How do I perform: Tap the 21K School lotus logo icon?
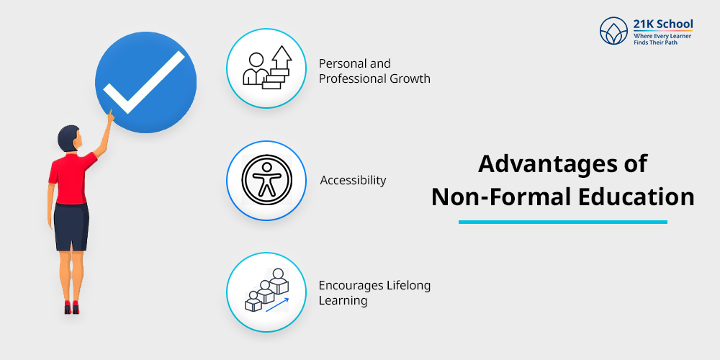614,31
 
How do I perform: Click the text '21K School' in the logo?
663,24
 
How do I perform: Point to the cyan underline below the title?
562,222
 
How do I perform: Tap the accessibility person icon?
266,180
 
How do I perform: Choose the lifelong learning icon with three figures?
266,292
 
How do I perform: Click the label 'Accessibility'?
353,180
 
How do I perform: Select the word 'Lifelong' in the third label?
407,286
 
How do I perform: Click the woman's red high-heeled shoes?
71,308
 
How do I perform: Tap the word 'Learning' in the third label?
343,301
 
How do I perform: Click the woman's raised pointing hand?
110,114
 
